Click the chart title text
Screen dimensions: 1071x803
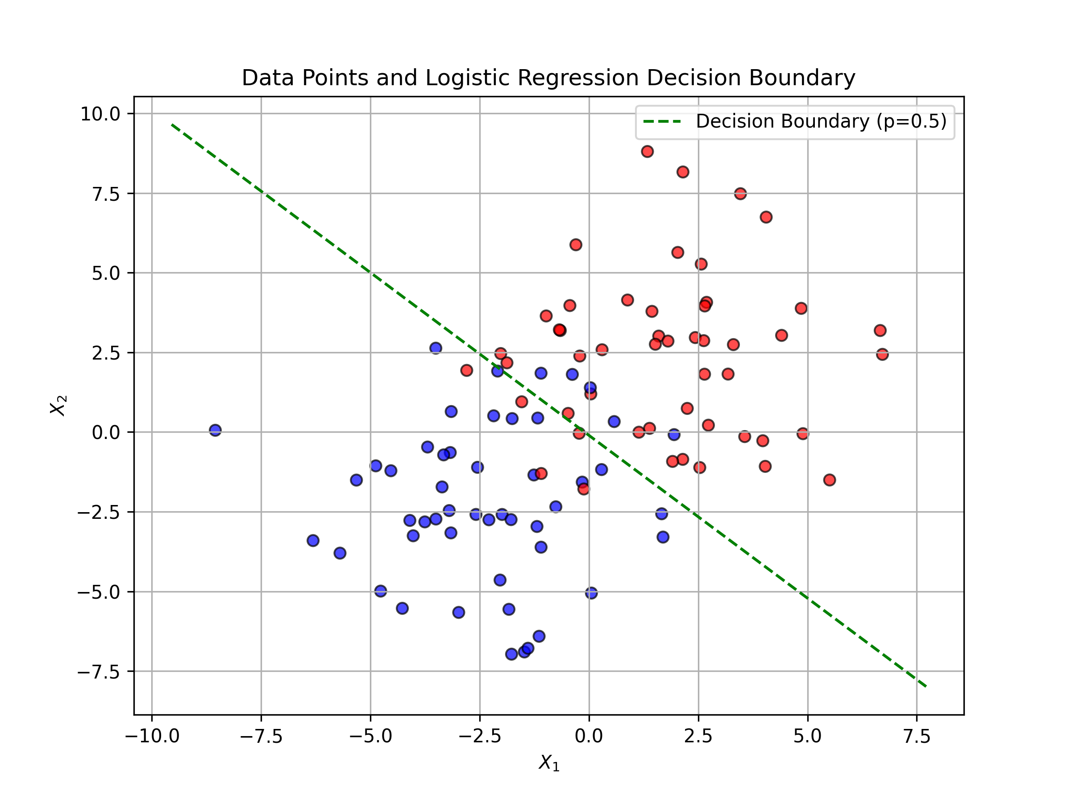(x=548, y=78)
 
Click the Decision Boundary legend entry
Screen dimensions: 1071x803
(x=796, y=121)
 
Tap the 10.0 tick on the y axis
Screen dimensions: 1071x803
(x=100, y=114)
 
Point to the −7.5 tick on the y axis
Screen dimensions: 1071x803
(x=99, y=672)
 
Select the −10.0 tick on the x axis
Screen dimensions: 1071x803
(x=152, y=737)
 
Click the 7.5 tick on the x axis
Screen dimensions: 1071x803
(x=917, y=737)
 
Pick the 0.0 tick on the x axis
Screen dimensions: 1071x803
(x=589, y=737)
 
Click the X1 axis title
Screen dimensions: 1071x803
(x=549, y=763)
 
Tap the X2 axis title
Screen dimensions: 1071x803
(x=58, y=405)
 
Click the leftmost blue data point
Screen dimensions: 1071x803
(x=216, y=430)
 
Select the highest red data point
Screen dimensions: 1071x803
(x=648, y=152)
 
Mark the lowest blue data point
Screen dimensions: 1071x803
(x=512, y=654)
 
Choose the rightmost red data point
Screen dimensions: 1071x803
(x=882, y=354)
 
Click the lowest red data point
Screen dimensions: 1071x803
(x=583, y=489)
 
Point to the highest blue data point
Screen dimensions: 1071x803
(x=436, y=348)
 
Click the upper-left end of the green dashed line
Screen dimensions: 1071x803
(x=172, y=124)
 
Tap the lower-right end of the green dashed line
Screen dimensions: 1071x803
(x=926, y=687)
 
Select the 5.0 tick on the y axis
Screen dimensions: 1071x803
(x=106, y=273)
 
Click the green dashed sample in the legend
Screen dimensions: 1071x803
(x=662, y=121)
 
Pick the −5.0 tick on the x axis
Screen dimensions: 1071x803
(x=371, y=737)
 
